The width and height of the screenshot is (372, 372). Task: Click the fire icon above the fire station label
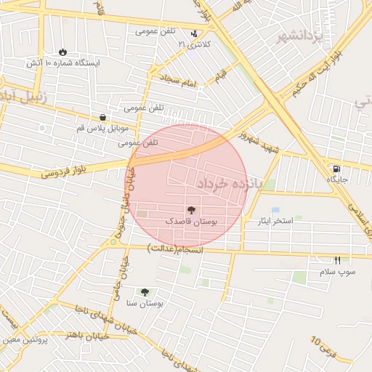62,52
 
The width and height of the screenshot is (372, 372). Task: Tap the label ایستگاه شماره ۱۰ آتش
63,63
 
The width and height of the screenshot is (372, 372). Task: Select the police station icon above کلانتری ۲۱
193,33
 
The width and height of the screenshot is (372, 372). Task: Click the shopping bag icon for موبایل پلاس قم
102,117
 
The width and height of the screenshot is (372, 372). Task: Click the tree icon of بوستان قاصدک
191,209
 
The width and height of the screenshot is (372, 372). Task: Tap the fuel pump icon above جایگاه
335,169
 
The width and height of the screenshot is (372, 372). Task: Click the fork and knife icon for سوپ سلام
337,260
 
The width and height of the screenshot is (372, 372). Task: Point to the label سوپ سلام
337,272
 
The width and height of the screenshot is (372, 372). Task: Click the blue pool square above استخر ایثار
275,209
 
